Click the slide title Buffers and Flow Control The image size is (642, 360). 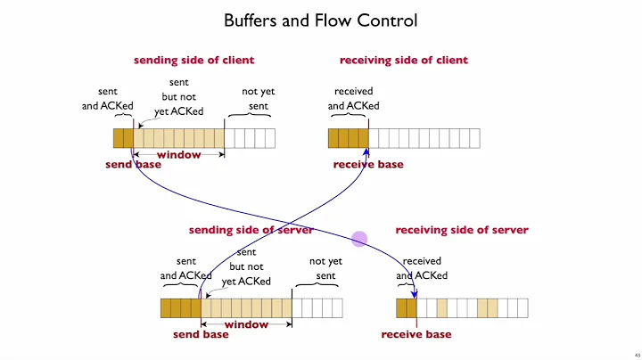click(320, 20)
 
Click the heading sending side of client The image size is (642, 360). click(193, 61)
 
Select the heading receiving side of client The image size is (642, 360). click(403, 61)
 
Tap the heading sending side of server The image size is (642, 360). click(251, 230)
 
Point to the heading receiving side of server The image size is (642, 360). click(461, 230)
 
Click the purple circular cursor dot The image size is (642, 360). click(359, 239)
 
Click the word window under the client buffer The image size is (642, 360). click(178, 155)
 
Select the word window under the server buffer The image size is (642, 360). click(246, 324)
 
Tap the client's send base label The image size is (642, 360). click(133, 165)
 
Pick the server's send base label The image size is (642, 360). click(202, 335)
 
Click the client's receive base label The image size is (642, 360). click(368, 165)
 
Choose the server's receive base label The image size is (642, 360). click(416, 335)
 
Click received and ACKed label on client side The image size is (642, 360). click(353, 99)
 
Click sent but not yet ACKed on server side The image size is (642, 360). click(246, 267)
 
